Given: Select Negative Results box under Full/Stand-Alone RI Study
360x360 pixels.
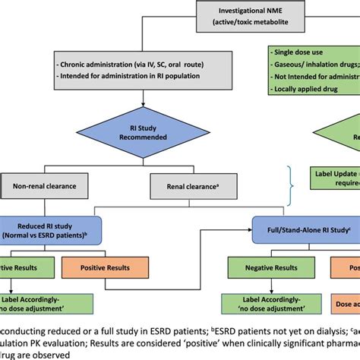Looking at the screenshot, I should pos(269,267).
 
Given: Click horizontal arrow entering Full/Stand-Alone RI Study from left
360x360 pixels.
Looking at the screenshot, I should pos(235,226).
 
